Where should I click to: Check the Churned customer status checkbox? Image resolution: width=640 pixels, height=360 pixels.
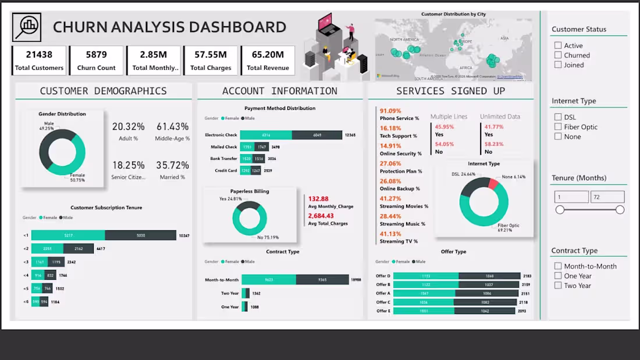tap(558, 55)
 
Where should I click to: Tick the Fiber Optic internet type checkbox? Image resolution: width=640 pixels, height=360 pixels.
tap(558, 127)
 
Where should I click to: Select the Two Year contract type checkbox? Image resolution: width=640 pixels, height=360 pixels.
tap(558, 286)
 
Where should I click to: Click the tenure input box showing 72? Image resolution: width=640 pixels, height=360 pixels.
tap(607, 197)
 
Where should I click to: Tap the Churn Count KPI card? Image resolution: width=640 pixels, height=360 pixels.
tap(96, 60)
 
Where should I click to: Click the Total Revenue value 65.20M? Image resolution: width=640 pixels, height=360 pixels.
tap(268, 55)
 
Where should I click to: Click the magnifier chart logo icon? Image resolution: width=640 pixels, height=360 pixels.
tap(27, 27)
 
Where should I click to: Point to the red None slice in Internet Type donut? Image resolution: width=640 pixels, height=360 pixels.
tap(493, 184)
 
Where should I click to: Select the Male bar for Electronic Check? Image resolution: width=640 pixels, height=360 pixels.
tap(317, 135)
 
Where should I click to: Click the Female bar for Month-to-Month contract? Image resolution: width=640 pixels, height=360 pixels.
tap(269, 280)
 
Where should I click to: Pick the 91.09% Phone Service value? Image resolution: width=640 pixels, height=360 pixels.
tap(390, 111)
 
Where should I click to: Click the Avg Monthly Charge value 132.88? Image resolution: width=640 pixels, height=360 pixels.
tap(318, 199)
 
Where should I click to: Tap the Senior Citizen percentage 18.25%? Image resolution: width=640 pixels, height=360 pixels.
tap(128, 165)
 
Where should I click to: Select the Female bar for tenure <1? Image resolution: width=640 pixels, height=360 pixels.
tap(68, 236)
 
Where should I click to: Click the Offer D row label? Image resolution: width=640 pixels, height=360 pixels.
tap(383, 276)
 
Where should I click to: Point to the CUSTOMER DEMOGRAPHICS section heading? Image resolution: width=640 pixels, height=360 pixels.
tap(103, 91)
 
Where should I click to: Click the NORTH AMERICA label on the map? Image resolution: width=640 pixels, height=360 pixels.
tap(404, 40)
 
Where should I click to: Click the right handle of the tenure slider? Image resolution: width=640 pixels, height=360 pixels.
tap(620, 209)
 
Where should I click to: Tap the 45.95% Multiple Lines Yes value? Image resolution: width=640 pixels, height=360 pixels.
tap(444, 127)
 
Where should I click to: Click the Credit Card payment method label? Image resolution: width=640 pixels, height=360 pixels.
tap(226, 171)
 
